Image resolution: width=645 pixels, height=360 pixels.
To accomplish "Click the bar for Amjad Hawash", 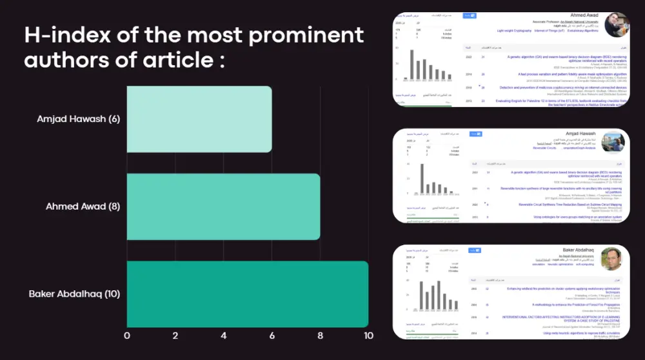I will (x=199, y=119).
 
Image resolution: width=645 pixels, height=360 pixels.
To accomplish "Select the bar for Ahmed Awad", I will (x=223, y=206).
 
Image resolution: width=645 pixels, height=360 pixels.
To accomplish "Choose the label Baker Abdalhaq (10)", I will (x=74, y=294).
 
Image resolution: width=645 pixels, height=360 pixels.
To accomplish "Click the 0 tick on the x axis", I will (x=126, y=335).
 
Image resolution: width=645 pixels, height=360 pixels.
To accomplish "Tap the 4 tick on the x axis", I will (x=224, y=335).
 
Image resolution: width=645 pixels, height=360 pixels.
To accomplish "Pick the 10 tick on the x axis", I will (x=368, y=335).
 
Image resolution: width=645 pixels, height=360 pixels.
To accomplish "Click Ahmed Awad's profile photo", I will (x=616, y=24).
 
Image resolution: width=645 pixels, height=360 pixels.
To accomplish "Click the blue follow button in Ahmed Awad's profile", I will (x=470, y=15).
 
